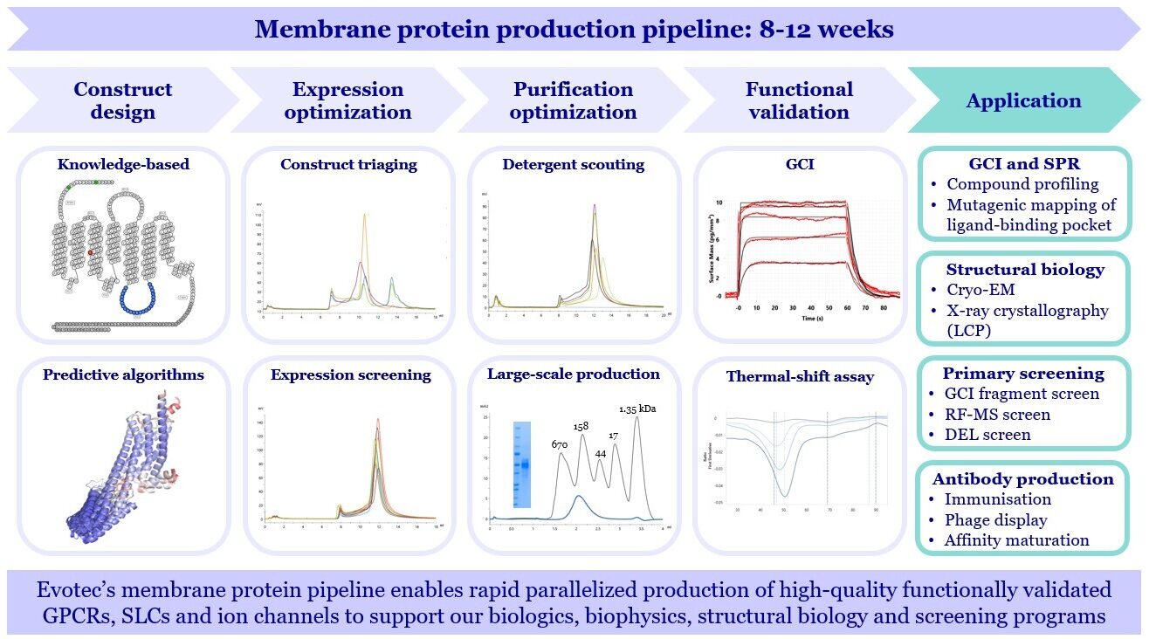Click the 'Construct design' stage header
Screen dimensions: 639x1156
pyautogui.click(x=122, y=100)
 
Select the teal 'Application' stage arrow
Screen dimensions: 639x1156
pyautogui.click(x=1023, y=100)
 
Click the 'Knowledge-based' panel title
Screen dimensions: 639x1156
pyautogui.click(x=122, y=164)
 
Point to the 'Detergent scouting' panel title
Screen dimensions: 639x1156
pyautogui.click(x=574, y=164)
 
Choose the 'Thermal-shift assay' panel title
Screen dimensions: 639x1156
pyautogui.click(x=799, y=377)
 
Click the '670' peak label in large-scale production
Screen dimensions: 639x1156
pyautogui.click(x=561, y=444)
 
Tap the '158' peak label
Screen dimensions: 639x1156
pyautogui.click(x=581, y=426)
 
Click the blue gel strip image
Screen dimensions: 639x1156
pyautogui.click(x=522, y=464)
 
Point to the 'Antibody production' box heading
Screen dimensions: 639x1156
pyautogui.click(x=1023, y=478)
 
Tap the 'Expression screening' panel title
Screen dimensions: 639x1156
pyautogui.click(x=350, y=375)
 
